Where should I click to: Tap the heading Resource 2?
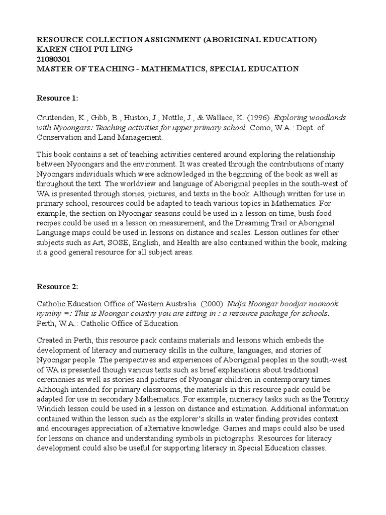pyautogui.click(x=58, y=287)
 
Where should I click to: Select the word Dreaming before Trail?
pyautogui.click(x=258, y=223)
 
